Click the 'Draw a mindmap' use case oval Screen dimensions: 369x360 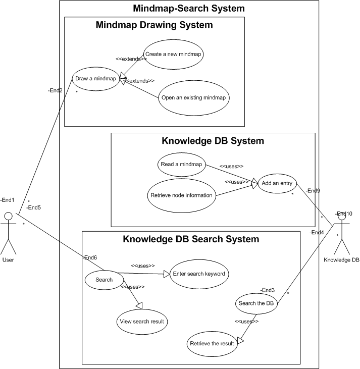(95, 79)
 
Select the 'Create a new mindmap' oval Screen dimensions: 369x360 (173, 53)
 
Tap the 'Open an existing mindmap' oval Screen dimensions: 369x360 (193, 97)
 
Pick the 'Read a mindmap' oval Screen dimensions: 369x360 (181, 164)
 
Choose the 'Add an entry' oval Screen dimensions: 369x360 (277, 184)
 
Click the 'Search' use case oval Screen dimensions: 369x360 (104, 280)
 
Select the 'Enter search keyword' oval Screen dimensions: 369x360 (198, 274)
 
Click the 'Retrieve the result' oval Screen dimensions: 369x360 (212, 344)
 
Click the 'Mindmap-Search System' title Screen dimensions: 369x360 (189, 9)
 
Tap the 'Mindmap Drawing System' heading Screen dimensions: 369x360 (154, 25)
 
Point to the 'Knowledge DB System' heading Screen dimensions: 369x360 (213, 141)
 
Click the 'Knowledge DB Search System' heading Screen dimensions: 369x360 (191, 239)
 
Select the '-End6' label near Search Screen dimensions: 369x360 (90, 257)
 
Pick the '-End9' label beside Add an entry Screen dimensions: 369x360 (314, 191)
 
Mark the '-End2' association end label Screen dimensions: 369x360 (55, 90)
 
